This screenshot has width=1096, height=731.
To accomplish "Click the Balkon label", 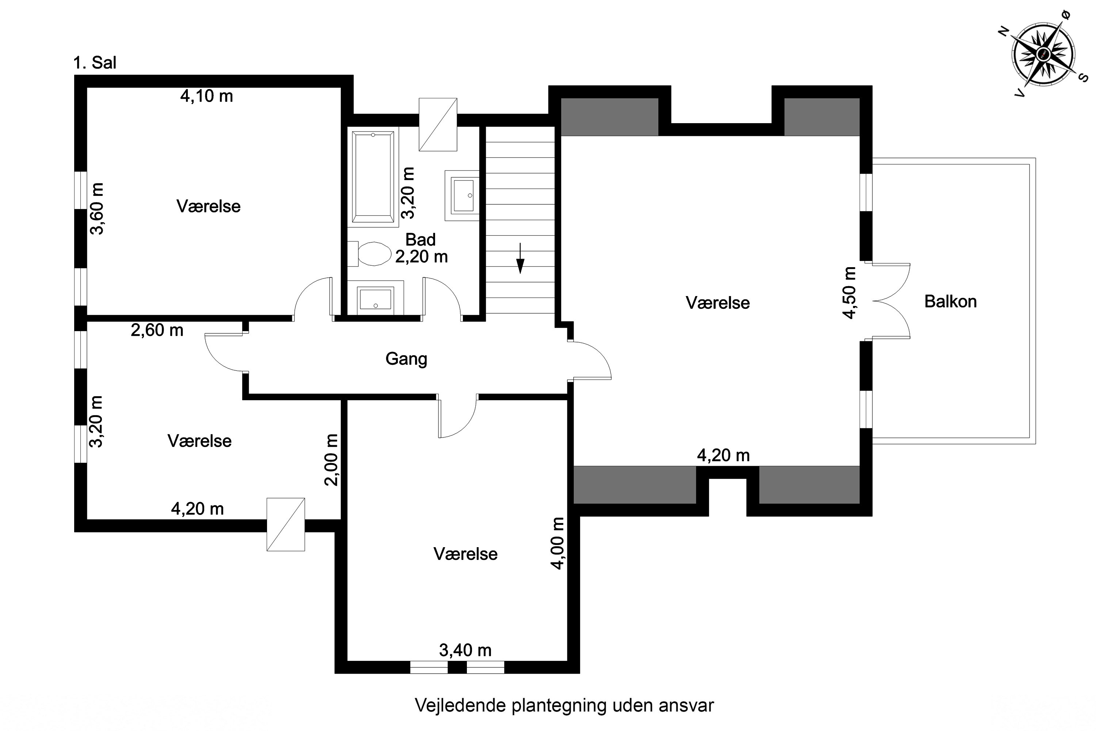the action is click(950, 302).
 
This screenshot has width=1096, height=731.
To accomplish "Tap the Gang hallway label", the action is click(406, 359).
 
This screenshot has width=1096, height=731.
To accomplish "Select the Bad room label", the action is click(420, 240).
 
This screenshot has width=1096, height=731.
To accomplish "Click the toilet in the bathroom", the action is click(370, 254).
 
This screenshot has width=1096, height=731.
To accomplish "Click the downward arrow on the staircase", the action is click(521, 258).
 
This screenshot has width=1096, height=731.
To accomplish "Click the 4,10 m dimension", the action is click(206, 96).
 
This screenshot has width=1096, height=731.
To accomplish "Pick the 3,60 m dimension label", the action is click(97, 208).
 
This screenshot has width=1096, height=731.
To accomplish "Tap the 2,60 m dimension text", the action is click(157, 330).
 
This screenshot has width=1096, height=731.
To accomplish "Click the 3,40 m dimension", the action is click(465, 650).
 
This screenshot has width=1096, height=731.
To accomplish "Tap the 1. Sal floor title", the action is click(95, 63).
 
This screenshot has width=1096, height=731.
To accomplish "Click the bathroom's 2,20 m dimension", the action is click(421, 257).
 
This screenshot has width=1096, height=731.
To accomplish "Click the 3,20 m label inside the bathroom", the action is click(408, 193).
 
